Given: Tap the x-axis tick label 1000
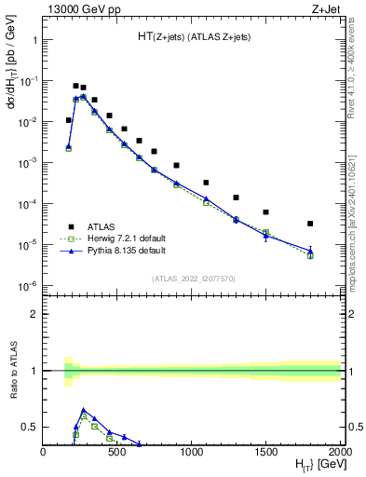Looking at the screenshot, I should point(192,453).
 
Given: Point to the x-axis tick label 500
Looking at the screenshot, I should point(117,453).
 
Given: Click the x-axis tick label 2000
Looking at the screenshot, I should point(340,453).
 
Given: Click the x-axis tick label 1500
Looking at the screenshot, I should point(266,453).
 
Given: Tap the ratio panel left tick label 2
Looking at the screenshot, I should point(33,314).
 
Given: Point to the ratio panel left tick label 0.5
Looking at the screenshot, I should point(28,427).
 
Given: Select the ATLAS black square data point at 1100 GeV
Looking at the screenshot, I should point(206,183).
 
